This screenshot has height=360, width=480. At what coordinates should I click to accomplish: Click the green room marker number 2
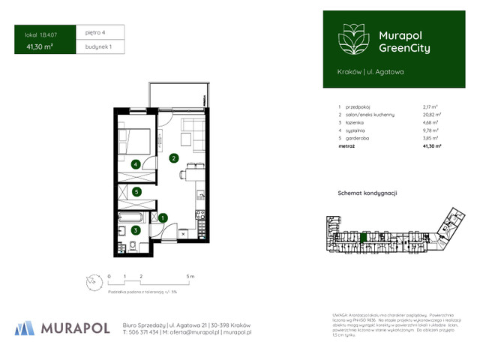pyautogui.click(x=173, y=158)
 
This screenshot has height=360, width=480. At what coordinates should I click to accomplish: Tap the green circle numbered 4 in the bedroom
pyautogui.click(x=136, y=164)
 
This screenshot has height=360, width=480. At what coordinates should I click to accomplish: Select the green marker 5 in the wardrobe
pyautogui.click(x=136, y=192)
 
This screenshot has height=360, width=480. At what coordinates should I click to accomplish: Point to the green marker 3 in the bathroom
pyautogui.click(x=136, y=230)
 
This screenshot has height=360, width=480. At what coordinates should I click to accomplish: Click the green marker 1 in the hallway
pyautogui.click(x=163, y=217)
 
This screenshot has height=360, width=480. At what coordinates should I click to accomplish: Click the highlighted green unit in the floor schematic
pyautogui.click(x=364, y=238)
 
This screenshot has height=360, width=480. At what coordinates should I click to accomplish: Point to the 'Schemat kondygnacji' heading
pyautogui.click(x=367, y=193)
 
